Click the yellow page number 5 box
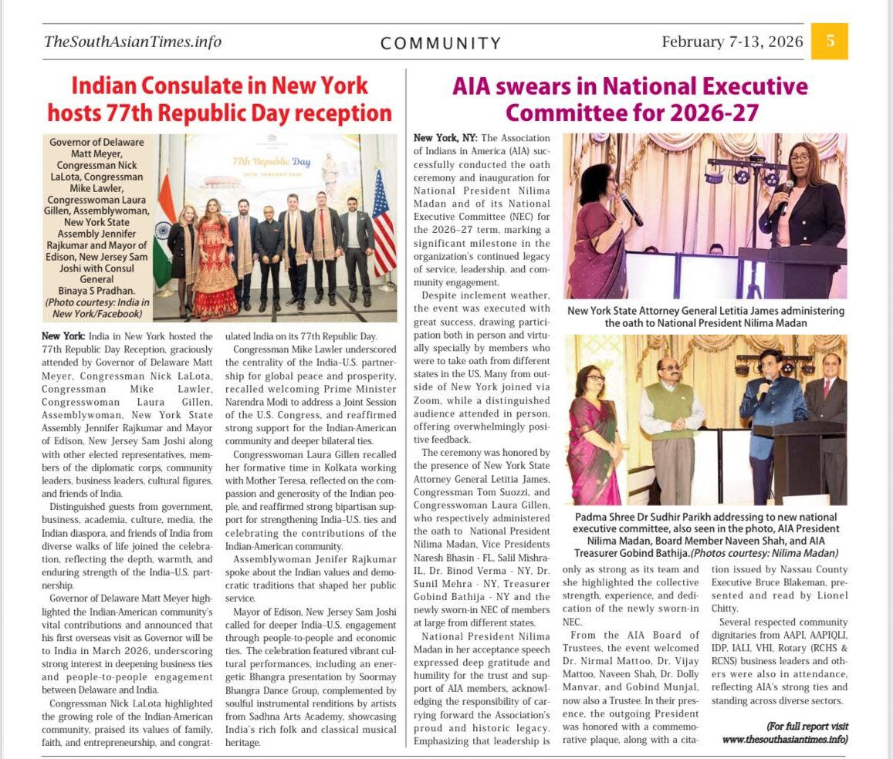(830, 41)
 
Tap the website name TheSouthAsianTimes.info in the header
(133, 42)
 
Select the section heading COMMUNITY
(441, 43)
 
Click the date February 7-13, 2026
(732, 42)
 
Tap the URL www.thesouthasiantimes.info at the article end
(785, 739)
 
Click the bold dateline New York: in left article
(63, 336)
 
